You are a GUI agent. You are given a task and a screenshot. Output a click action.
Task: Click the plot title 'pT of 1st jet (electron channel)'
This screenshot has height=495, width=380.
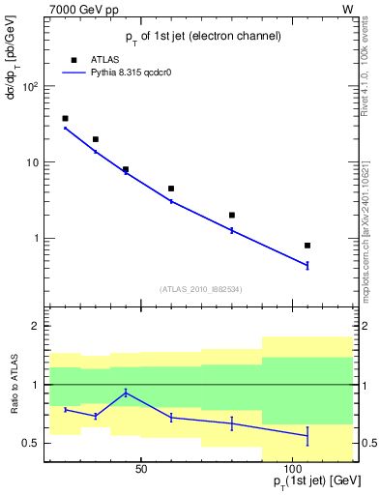[203, 36]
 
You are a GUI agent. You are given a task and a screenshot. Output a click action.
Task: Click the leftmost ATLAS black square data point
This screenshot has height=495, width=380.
[65, 119]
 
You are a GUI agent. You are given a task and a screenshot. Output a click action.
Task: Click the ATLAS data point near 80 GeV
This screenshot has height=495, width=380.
[232, 215]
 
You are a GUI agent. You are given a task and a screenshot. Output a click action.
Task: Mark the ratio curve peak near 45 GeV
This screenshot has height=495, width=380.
[126, 393]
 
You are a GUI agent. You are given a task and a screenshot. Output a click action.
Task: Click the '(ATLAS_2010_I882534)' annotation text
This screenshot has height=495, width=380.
[201, 288]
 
